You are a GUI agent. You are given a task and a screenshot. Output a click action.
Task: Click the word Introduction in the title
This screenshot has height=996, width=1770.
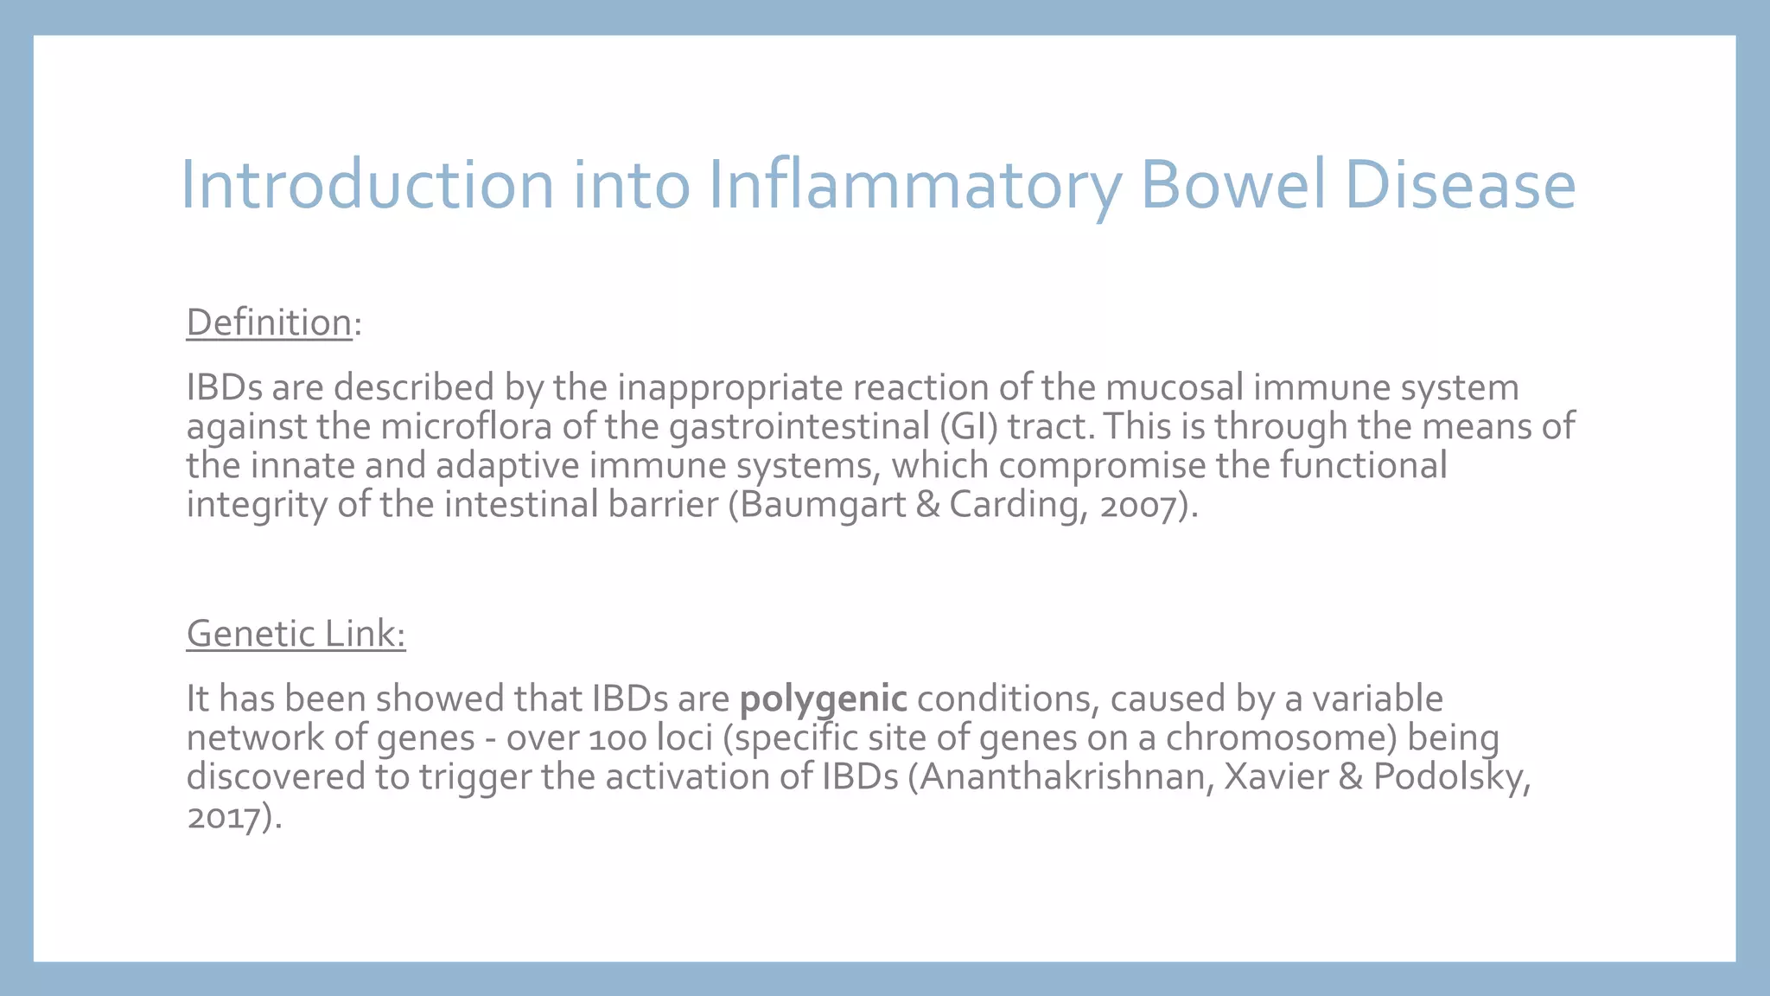coord(366,185)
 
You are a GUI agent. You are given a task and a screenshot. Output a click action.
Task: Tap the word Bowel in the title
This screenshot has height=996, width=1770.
coord(1233,185)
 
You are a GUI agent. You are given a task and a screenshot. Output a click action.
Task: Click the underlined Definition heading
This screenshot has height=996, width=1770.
coord(269,322)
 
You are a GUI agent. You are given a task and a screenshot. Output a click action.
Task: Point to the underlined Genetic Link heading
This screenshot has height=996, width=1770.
coord(296,634)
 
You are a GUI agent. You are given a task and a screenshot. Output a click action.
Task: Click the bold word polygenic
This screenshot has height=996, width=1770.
coord(823,699)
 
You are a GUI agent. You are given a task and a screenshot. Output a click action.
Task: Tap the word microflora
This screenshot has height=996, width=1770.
coord(466,426)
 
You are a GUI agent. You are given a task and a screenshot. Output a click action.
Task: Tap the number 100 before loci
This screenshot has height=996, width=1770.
coord(618,738)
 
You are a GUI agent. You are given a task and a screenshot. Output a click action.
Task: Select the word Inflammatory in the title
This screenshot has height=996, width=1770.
coord(914,185)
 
